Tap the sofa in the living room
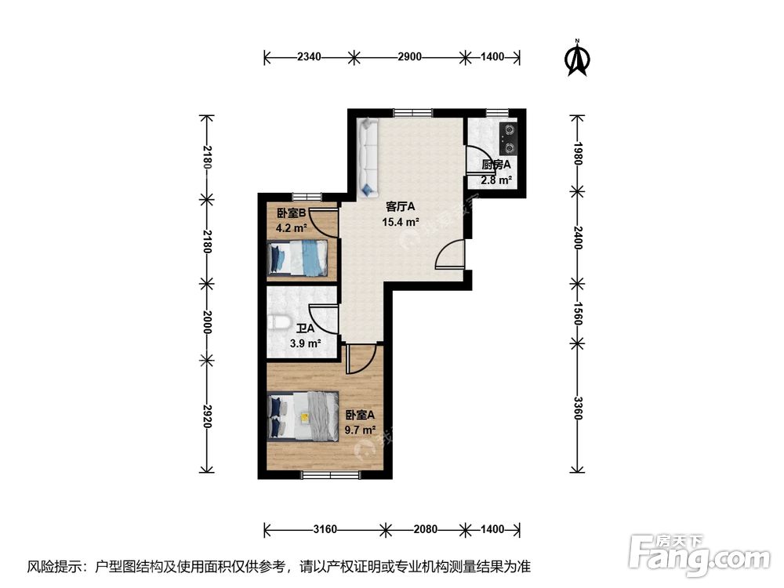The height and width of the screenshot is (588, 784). tap(367, 158)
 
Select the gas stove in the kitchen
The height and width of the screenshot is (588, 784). tap(509, 138)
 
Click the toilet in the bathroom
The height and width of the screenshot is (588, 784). tap(279, 322)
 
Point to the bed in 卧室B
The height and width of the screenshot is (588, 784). tap(296, 258)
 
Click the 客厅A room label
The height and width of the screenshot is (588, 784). tap(400, 207)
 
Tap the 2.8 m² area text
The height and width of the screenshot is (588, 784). tap(495, 180)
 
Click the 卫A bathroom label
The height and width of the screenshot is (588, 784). tap(305, 329)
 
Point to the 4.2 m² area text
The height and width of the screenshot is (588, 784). tap(291, 230)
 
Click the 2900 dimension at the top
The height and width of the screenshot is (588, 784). tap(409, 56)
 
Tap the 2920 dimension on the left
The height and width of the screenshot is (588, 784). tap(207, 416)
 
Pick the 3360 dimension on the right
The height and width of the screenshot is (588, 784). tap(578, 408)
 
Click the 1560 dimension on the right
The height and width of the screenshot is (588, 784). tap(578, 311)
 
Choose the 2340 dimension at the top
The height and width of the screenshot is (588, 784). tap(309, 56)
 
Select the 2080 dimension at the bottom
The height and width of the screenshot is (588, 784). tap(424, 529)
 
